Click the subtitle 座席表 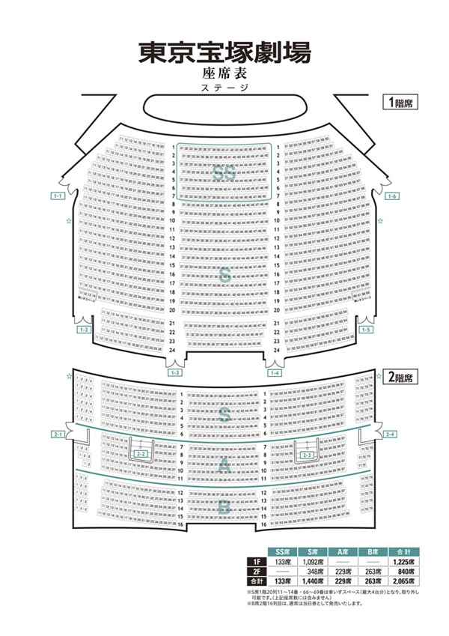224,73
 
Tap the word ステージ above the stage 224,88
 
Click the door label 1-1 58,196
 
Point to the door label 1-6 391,196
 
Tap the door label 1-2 85,330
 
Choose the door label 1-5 366,330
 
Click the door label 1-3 176,372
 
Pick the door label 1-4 275,372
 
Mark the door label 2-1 58,434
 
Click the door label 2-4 391,434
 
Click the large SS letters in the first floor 224,173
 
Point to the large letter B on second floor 224,508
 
